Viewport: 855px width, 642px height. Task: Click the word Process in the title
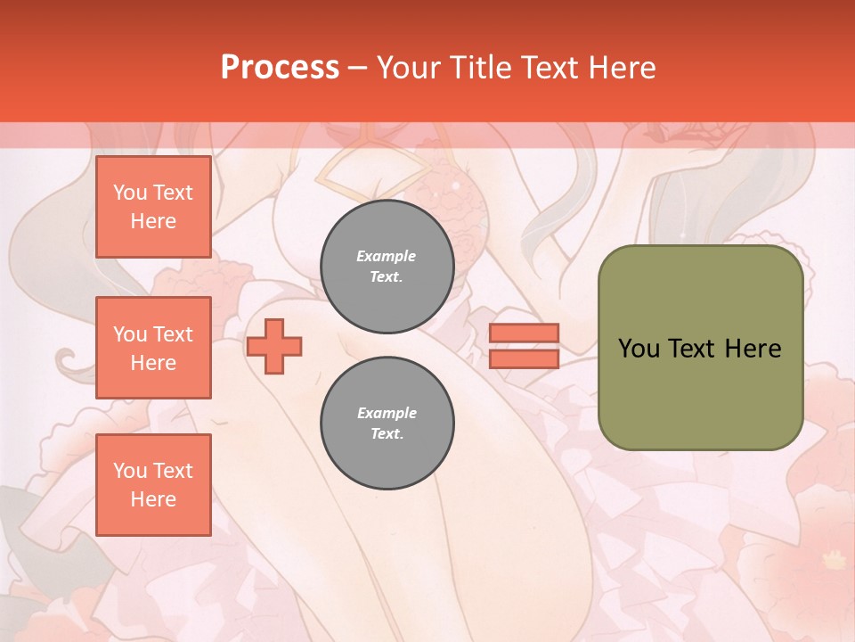280,67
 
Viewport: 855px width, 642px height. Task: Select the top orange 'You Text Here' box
153,207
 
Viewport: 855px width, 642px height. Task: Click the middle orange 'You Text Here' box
153,348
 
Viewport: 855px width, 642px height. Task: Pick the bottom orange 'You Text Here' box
153,485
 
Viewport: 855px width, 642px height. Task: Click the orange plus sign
274,346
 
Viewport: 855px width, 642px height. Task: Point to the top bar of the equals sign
524,333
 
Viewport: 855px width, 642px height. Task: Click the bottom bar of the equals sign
524,358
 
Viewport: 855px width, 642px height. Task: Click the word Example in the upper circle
387,256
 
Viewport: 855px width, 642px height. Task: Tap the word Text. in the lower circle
387,433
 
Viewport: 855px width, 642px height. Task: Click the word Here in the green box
753,348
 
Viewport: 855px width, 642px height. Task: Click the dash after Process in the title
358,68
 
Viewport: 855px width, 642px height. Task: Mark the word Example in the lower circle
387,413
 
